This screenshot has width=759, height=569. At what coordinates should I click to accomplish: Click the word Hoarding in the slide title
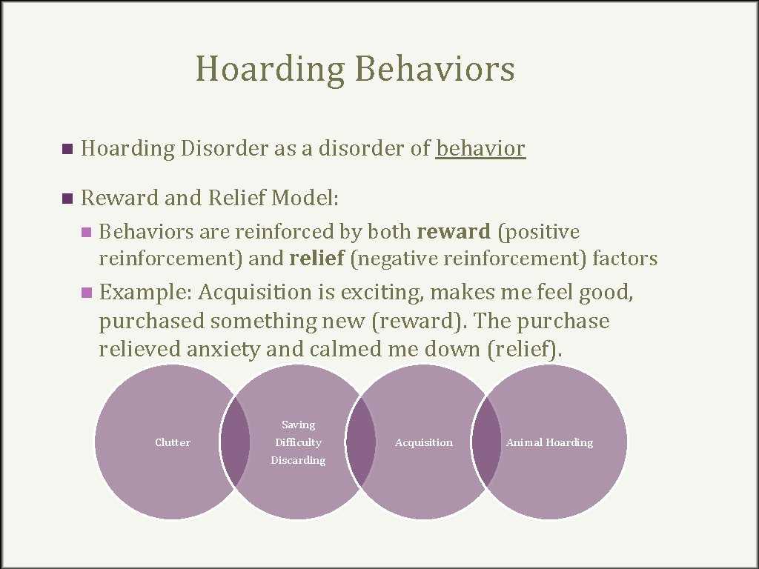click(x=270, y=70)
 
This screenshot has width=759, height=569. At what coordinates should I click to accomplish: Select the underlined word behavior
click(x=480, y=149)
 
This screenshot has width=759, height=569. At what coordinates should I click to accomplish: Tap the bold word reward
click(x=454, y=232)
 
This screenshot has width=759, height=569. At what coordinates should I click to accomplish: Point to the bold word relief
click(x=316, y=259)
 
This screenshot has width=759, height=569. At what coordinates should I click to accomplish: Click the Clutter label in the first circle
click(x=173, y=442)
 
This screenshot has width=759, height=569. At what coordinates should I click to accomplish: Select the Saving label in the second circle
click(x=298, y=425)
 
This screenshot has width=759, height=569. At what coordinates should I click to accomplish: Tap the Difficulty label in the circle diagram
click(x=298, y=442)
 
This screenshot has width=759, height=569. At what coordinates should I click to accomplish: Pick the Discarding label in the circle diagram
click(x=298, y=460)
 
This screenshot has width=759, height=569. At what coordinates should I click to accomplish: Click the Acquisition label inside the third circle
click(x=424, y=442)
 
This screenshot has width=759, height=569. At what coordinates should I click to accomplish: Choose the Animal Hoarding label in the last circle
click(x=549, y=442)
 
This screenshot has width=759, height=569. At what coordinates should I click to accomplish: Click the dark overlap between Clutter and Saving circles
click(x=235, y=442)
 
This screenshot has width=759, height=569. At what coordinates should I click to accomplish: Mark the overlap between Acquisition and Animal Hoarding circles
click(x=486, y=442)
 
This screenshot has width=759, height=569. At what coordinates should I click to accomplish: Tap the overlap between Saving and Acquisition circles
click(x=361, y=442)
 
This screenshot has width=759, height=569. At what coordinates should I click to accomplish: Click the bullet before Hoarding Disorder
click(x=68, y=150)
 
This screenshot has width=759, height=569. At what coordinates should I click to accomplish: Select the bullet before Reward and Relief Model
click(x=68, y=199)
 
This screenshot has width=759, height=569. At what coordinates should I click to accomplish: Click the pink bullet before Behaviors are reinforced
click(x=89, y=233)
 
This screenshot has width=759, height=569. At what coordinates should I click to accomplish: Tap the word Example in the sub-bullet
click(x=145, y=293)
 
